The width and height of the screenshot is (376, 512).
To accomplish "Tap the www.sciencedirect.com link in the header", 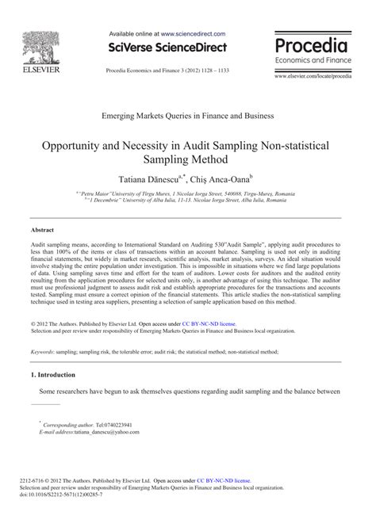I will [x=193, y=35].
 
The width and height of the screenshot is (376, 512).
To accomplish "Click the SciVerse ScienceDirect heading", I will [x=167, y=48].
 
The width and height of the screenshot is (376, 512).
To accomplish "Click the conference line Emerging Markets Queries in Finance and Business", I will [x=187, y=115].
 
